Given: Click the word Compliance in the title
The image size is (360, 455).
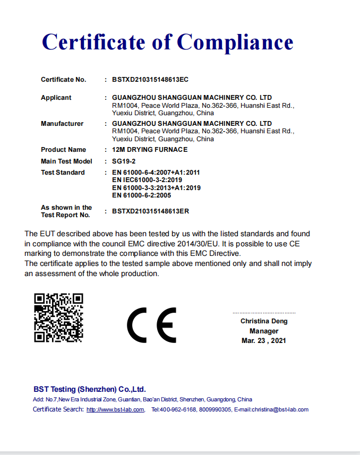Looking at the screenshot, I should pos(235,42).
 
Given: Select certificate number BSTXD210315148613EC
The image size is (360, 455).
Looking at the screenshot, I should pos(150,80).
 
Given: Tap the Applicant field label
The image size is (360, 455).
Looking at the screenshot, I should pos(56,98).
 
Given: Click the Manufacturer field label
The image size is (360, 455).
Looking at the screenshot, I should pos(62,124).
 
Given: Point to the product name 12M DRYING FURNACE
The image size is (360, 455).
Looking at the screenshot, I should pos(150,150).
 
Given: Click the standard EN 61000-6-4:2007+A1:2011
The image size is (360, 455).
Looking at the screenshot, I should pos(156,173).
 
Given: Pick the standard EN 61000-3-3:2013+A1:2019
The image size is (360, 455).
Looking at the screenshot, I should pos(156,187).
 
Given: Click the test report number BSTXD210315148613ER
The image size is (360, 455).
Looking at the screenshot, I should pos(150,211).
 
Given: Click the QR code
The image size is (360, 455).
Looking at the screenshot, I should pos(59,318).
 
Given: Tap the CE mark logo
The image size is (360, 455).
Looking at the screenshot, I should pos(151,325).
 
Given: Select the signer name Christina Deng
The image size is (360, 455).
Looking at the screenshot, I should pos(264,321).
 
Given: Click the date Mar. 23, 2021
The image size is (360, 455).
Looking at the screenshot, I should pos(264,340).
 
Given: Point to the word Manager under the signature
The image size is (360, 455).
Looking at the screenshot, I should pos(264,331).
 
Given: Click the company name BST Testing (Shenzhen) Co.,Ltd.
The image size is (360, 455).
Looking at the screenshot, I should pos(89,389).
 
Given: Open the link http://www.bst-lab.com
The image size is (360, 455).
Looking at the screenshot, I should pos(115,409).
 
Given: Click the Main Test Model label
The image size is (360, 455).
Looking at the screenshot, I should pos(66,161).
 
